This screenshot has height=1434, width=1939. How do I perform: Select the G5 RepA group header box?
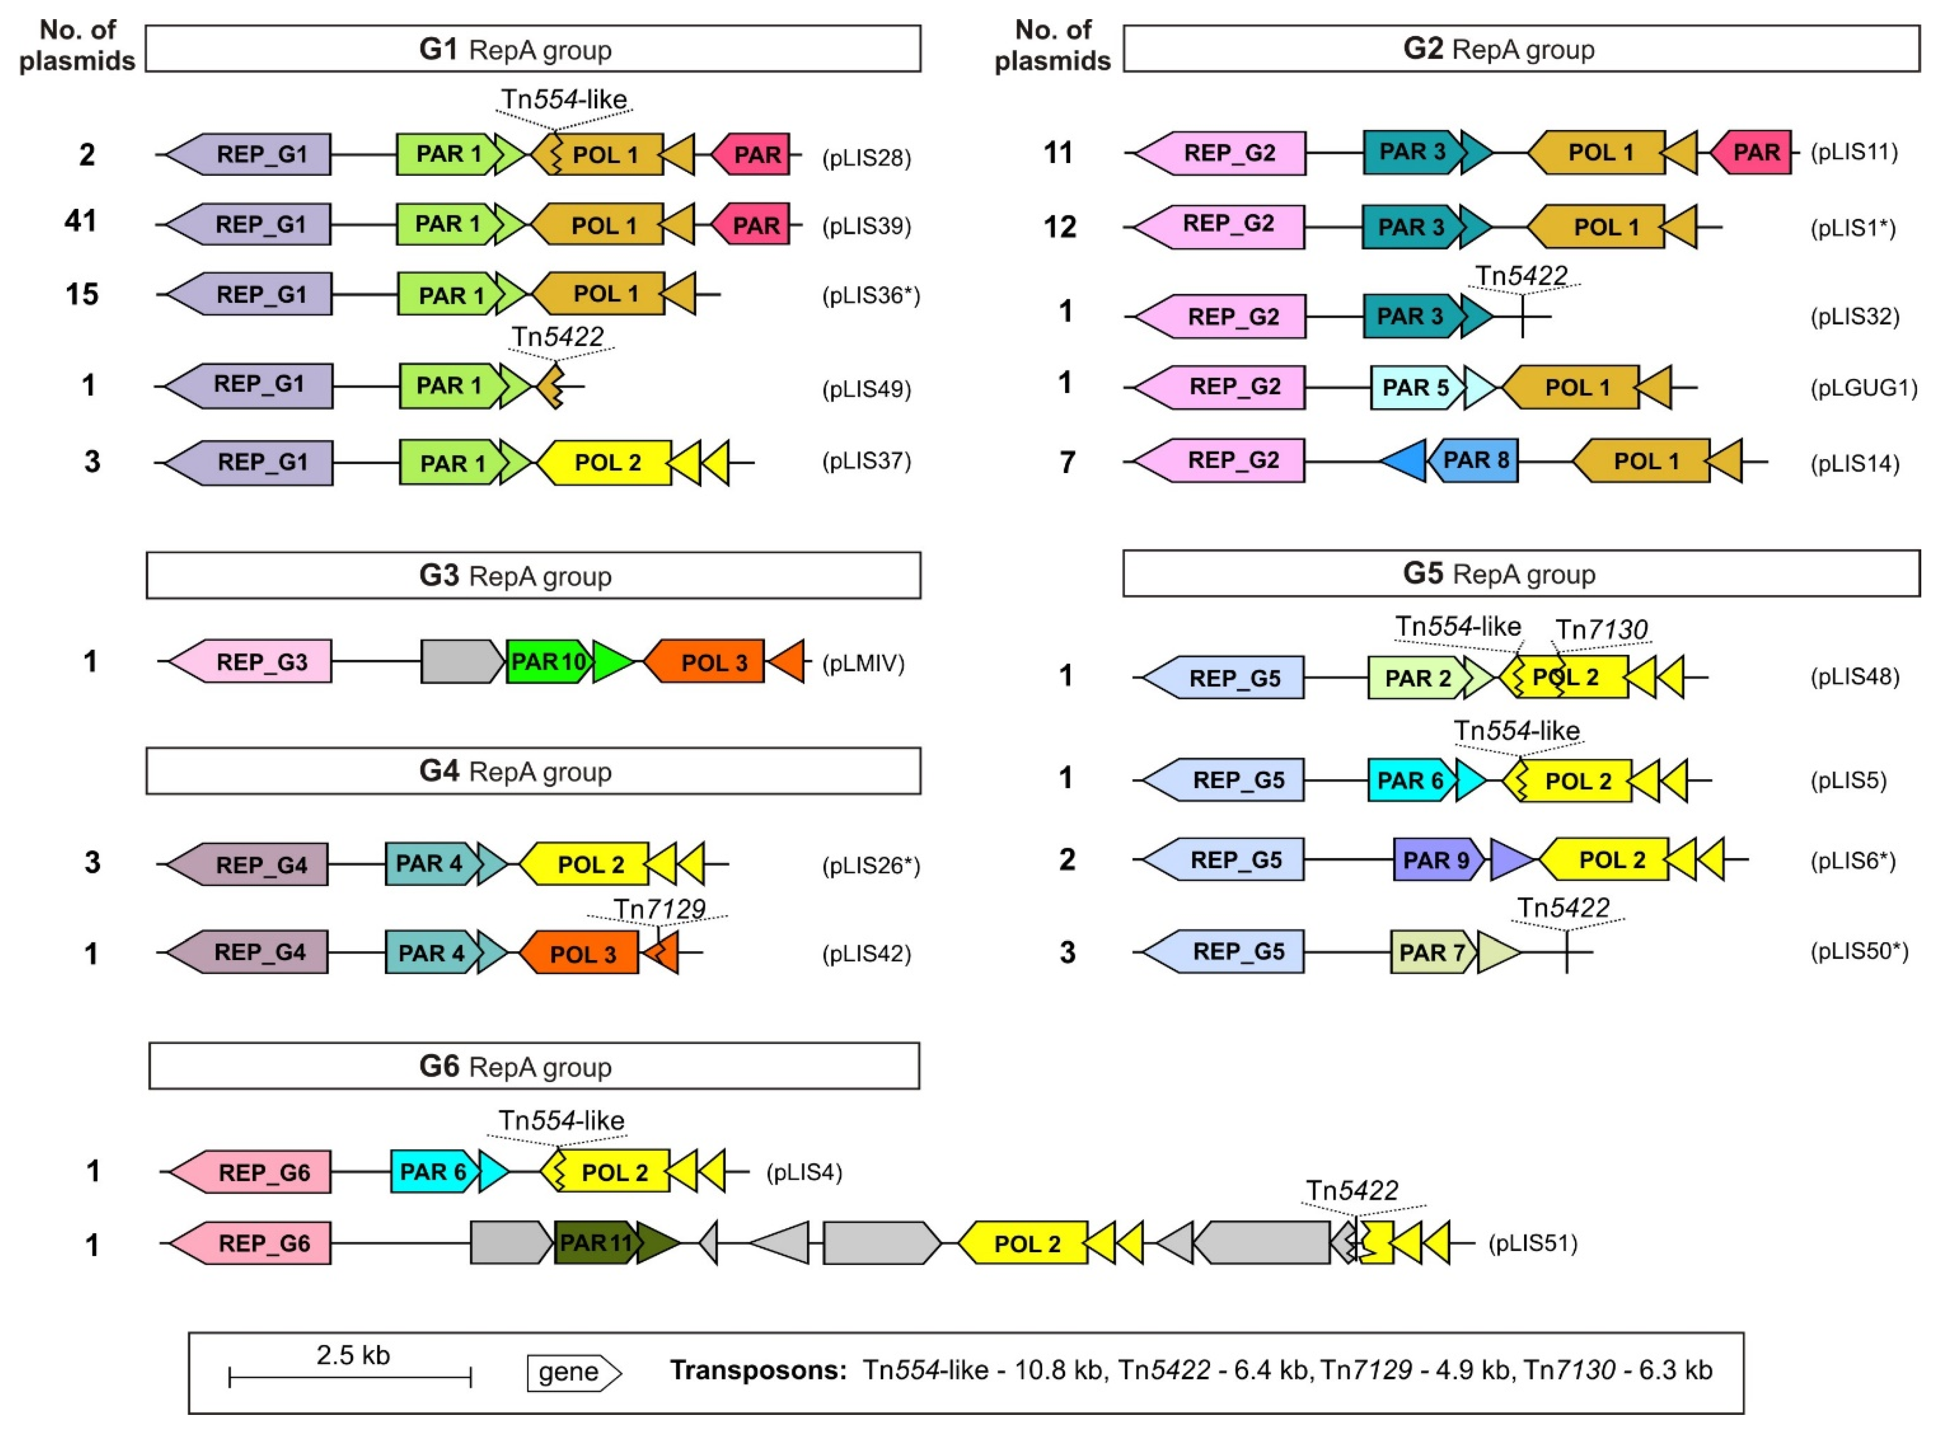pos(1520,574)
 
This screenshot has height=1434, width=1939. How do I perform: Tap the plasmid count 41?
pos(81,221)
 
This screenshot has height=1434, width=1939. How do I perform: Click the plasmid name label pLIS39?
pos(866,226)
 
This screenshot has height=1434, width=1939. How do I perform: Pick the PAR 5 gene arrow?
pos(1416,387)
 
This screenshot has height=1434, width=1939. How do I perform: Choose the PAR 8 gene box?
pos(1475,460)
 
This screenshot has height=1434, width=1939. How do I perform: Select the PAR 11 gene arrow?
pos(596,1243)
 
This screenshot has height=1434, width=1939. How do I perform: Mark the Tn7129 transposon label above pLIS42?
pos(659,909)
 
